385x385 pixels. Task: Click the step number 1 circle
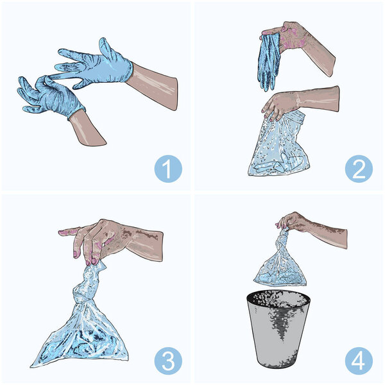coord(168,169)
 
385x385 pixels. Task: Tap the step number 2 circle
coord(359,169)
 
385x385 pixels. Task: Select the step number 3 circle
coord(168,361)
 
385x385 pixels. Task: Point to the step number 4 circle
coord(359,361)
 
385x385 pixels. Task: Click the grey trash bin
coord(278,330)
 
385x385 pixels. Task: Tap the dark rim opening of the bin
coord(278,298)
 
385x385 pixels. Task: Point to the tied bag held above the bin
coord(280,262)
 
